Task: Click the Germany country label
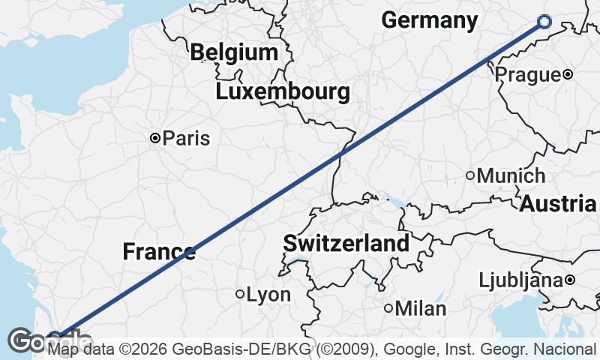(x=429, y=20)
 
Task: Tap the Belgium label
(x=234, y=52)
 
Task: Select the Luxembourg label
(x=283, y=92)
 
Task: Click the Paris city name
(x=186, y=138)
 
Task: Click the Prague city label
(x=527, y=74)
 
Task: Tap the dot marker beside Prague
(x=568, y=74)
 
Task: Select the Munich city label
(x=511, y=176)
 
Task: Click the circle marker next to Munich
(x=470, y=176)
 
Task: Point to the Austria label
(x=558, y=203)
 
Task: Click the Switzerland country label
(x=346, y=243)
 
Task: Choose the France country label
(x=159, y=252)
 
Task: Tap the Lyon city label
(x=268, y=295)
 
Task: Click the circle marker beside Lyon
(x=240, y=295)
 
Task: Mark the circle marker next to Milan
(x=388, y=308)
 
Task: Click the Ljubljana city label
(x=521, y=280)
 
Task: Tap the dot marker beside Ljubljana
(x=570, y=280)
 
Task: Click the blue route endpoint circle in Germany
(x=544, y=23)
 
